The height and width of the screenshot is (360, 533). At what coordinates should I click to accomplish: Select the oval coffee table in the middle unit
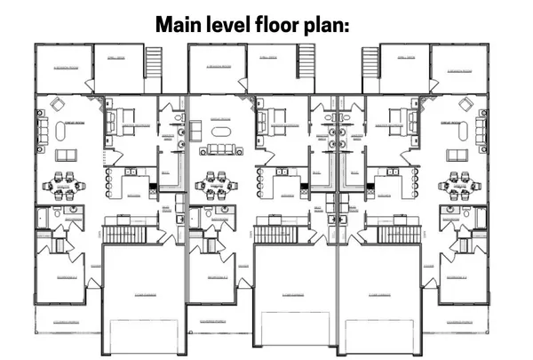219,148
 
